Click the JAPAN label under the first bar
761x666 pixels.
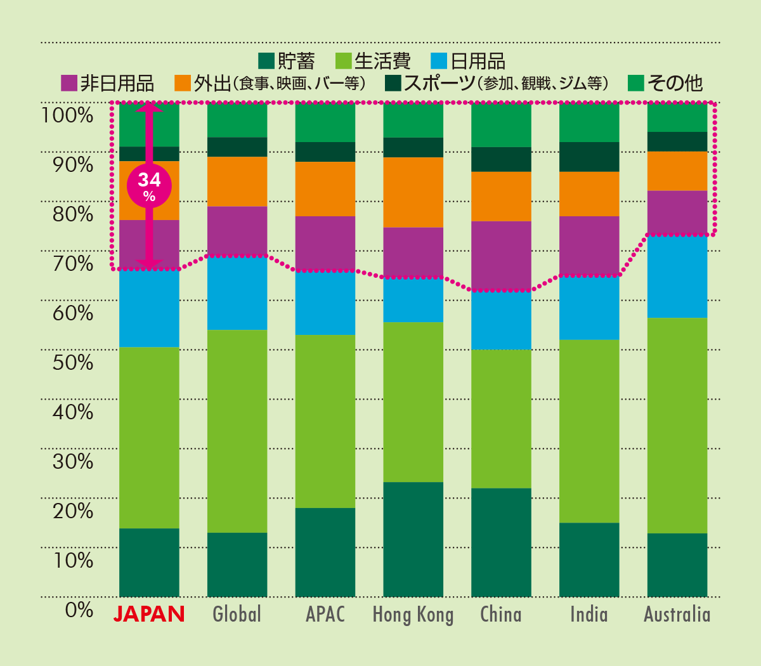click(149, 613)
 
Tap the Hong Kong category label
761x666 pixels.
click(413, 615)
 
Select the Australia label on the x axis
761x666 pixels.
click(677, 614)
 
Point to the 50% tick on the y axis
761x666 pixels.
click(73, 362)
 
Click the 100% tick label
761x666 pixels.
click(67, 115)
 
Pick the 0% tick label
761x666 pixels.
click(79, 610)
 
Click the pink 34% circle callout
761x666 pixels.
click(149, 186)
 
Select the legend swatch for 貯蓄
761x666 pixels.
click(266, 61)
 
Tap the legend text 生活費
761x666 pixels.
click(382, 61)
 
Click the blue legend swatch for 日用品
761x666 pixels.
click(439, 61)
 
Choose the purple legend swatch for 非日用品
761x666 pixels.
click(69, 83)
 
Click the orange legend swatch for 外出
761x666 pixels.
click(183, 83)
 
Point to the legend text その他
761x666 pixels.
click(675, 83)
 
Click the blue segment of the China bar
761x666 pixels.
click(501, 320)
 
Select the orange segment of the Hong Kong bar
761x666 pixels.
click(413, 192)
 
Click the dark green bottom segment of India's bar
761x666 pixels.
click(589, 560)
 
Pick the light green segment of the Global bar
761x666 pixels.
click(237, 431)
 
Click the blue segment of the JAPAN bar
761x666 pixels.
click(149, 308)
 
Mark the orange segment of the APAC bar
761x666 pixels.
click(325, 189)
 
